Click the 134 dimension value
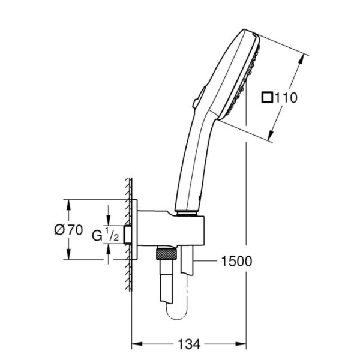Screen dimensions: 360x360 [x=189, y=344]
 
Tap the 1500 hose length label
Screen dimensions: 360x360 [x=236, y=261]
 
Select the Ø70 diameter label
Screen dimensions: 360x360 [x=68, y=230]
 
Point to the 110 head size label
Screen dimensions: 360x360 [x=286, y=97]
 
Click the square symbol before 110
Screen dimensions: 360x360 [x=267, y=97]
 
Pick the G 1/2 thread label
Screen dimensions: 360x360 [x=106, y=235]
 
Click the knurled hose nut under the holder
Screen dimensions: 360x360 [x=166, y=253]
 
